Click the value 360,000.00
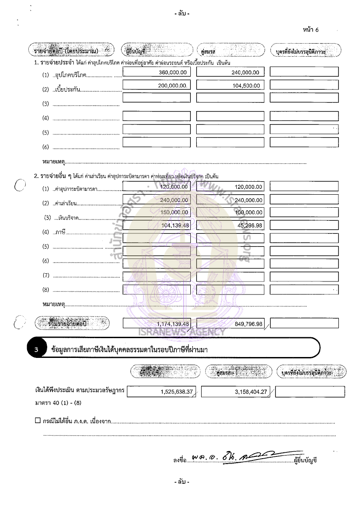175,72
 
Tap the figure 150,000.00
175,212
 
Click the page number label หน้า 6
311,30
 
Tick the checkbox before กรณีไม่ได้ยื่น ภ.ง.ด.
37,420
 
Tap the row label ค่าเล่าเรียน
66,204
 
